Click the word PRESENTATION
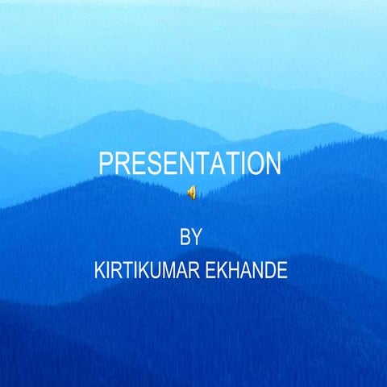click(x=190, y=163)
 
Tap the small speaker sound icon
click(x=191, y=191)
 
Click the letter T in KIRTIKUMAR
click(x=124, y=269)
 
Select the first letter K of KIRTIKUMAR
click(x=99, y=269)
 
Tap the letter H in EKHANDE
click(x=231, y=269)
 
